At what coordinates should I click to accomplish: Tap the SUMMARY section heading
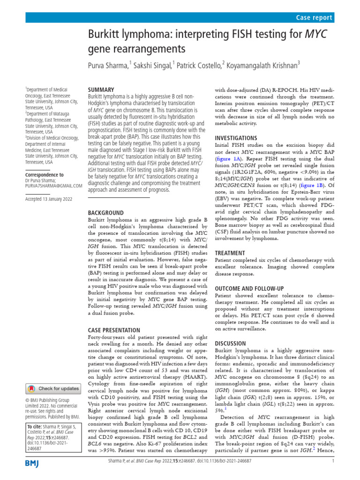(x=101, y=90)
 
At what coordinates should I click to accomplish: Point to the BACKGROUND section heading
(x=106, y=212)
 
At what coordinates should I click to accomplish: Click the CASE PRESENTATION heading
(x=114, y=330)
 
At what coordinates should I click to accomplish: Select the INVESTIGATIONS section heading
(x=236, y=138)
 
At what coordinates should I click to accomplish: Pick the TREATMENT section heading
(x=230, y=253)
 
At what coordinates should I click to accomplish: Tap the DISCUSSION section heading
(x=231, y=343)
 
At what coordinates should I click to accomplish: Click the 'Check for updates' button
(x=53, y=389)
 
